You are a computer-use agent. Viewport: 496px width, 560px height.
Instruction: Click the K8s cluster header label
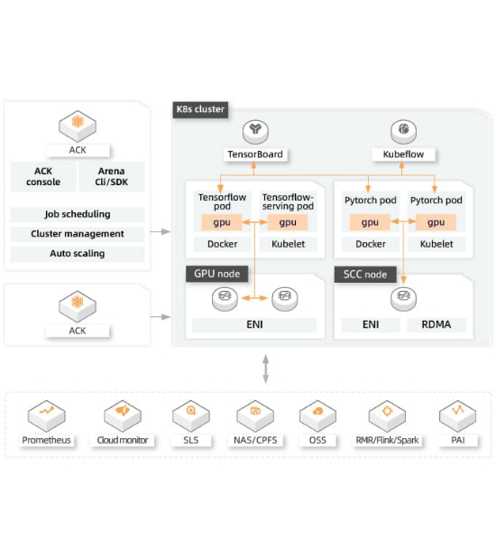click(x=200, y=109)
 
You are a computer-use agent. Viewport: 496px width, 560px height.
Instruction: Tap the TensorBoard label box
click(x=255, y=154)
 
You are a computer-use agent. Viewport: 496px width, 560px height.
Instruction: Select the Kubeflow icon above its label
click(x=403, y=132)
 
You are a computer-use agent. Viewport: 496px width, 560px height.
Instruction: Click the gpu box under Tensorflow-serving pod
click(x=288, y=222)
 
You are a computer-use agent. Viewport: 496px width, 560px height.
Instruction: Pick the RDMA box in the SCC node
click(x=436, y=324)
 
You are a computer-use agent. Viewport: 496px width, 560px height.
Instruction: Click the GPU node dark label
click(x=216, y=274)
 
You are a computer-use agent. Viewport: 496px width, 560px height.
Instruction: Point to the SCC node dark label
click(x=365, y=275)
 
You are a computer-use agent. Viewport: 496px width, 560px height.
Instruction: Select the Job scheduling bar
click(x=78, y=214)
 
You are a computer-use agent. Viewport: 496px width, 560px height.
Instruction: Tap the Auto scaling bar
click(x=78, y=254)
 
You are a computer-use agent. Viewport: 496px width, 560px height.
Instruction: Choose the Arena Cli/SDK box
click(x=111, y=177)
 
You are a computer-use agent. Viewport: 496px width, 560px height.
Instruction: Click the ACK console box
click(x=43, y=177)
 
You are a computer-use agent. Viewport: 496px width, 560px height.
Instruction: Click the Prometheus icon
click(x=47, y=415)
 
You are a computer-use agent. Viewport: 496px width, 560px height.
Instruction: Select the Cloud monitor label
click(x=123, y=440)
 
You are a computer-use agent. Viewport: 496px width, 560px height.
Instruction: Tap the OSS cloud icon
click(x=317, y=415)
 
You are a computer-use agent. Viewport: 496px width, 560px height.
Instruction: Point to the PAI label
click(x=458, y=440)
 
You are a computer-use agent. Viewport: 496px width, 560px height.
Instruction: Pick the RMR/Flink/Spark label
click(x=387, y=440)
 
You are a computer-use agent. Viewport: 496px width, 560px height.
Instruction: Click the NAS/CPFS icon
click(x=255, y=415)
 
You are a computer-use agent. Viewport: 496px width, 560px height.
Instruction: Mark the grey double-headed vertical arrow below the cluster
click(x=266, y=369)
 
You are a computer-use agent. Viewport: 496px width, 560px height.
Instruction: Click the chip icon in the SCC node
click(x=403, y=299)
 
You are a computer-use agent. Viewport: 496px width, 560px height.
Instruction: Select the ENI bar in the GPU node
click(x=254, y=324)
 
